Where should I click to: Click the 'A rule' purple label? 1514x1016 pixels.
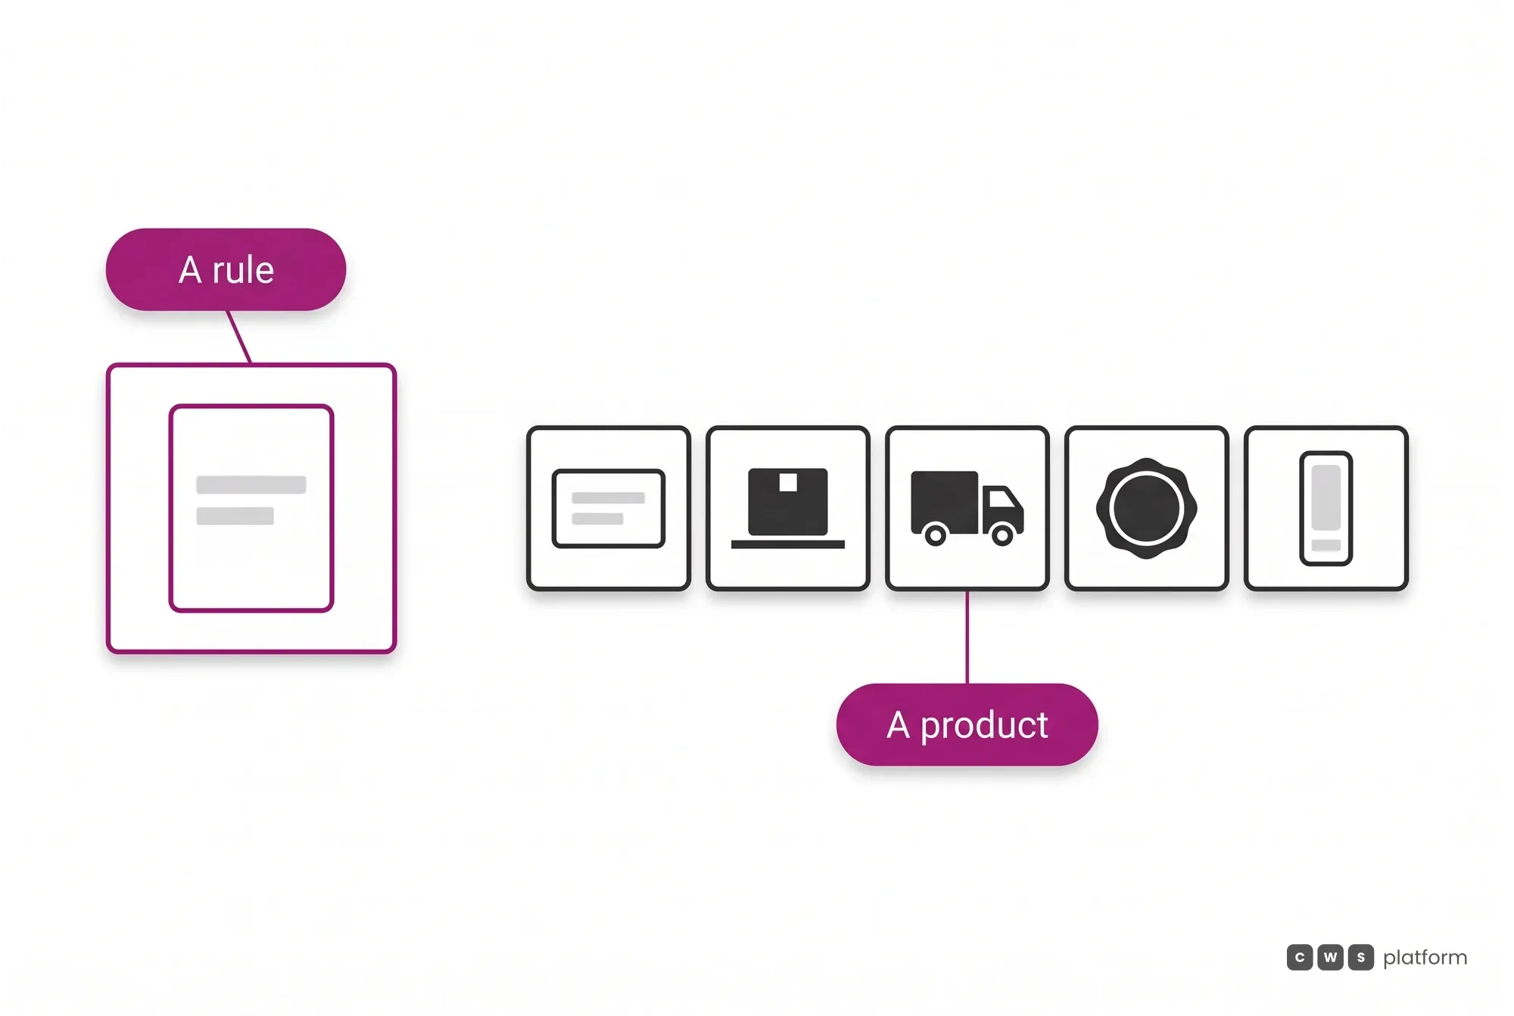226,270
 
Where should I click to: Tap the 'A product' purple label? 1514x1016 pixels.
967,725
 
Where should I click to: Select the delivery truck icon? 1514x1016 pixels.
967,508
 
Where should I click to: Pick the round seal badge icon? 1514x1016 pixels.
1146,508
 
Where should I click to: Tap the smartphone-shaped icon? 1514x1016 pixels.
1326,508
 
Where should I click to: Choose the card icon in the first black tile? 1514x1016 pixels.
608,508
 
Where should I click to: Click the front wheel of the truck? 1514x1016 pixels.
1002,535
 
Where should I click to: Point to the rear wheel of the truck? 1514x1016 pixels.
936,535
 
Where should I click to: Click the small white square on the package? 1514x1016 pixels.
788,482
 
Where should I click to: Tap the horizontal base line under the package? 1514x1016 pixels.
787,544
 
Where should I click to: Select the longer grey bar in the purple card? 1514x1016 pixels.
251,485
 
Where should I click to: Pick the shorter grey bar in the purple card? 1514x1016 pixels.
235,516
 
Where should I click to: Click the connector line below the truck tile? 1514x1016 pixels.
967,637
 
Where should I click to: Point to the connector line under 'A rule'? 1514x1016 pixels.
238,337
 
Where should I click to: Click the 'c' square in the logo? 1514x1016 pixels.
1299,957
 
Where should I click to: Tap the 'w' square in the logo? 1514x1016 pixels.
1330,957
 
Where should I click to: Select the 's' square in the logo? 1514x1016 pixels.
1360,957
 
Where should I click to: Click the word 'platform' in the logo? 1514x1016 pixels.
1425,958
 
